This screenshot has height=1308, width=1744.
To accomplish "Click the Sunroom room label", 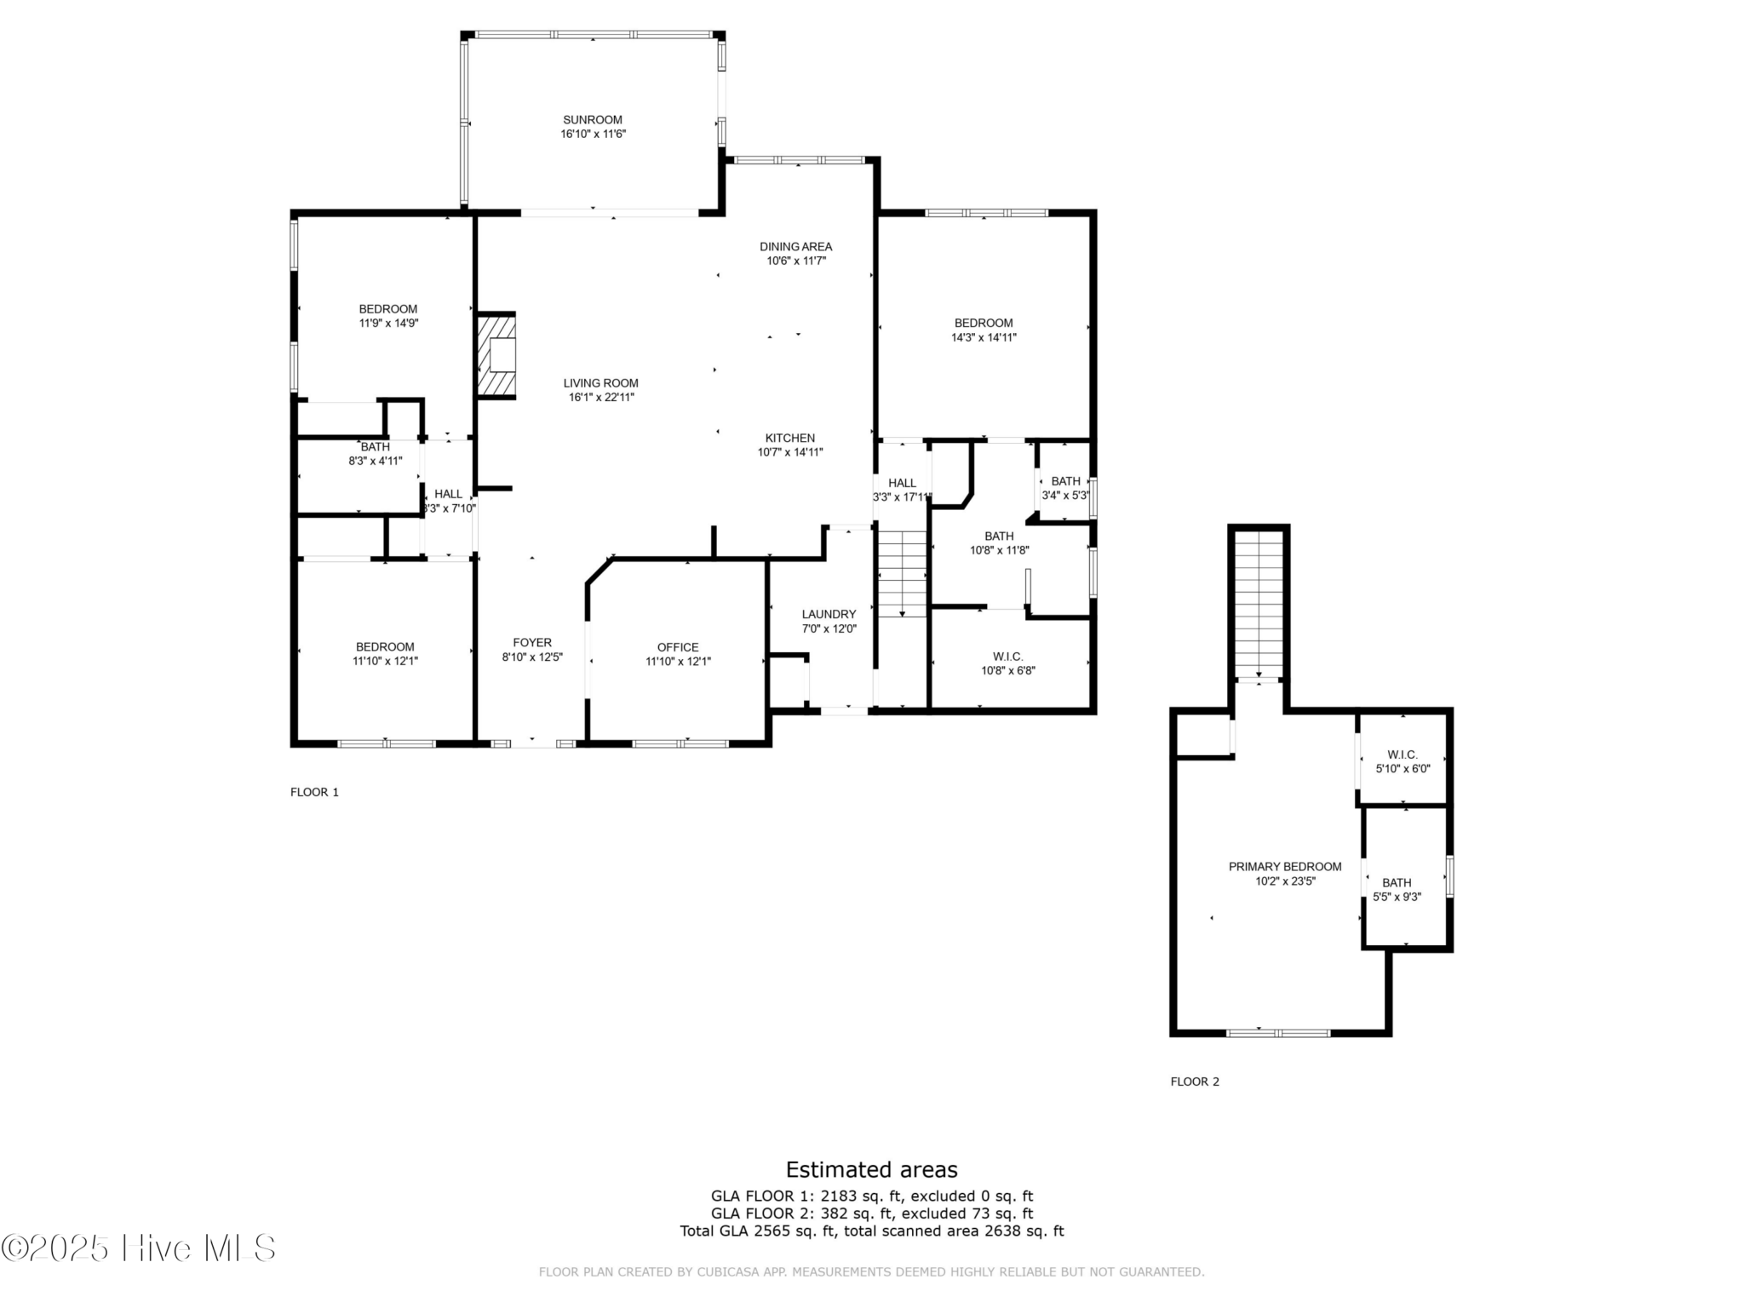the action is pyautogui.click(x=593, y=120).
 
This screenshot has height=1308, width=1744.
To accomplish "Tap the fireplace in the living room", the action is pyautogui.click(x=496, y=355).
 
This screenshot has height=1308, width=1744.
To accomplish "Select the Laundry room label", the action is pyautogui.click(x=829, y=614).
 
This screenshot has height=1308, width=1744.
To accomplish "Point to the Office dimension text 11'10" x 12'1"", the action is pyautogui.click(x=678, y=661).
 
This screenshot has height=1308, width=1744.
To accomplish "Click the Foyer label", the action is pyautogui.click(x=532, y=643).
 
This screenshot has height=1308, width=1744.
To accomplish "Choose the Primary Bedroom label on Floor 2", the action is pyautogui.click(x=1285, y=867).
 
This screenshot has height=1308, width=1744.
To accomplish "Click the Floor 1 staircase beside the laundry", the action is pyautogui.click(x=902, y=573).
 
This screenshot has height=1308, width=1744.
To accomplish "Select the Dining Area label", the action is pyautogui.click(x=796, y=247).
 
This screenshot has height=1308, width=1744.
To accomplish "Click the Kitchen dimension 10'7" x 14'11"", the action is pyautogui.click(x=790, y=452).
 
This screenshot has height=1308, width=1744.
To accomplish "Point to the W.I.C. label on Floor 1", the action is pyautogui.click(x=1008, y=657).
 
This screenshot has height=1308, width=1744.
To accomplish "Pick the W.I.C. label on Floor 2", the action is pyautogui.click(x=1403, y=754).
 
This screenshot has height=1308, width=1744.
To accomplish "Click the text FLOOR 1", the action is pyautogui.click(x=314, y=792).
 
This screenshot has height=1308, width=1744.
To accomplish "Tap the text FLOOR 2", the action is pyautogui.click(x=1195, y=1081).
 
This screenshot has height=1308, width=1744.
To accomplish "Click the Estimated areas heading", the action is pyautogui.click(x=871, y=1169).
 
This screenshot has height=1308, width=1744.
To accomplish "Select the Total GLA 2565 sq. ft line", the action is pyautogui.click(x=872, y=1231).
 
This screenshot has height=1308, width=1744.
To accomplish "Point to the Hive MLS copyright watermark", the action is pyautogui.click(x=139, y=1248).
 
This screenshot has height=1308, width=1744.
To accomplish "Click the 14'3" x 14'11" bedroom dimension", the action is pyautogui.click(x=984, y=337).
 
